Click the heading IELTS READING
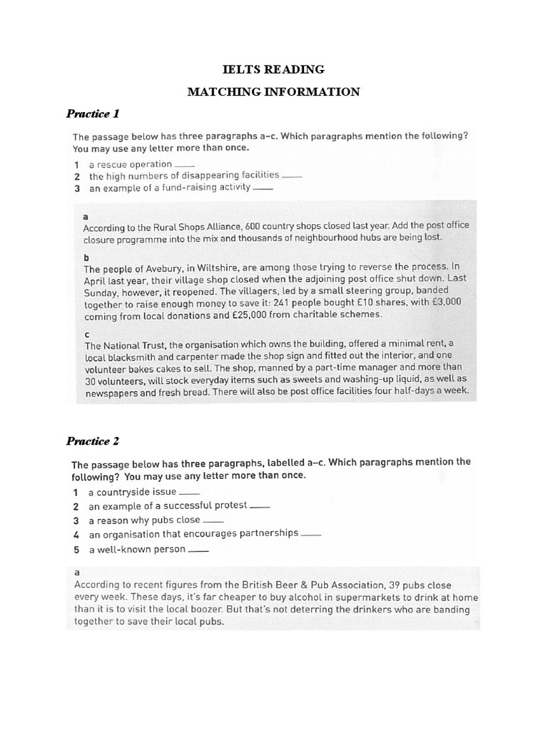point(274,69)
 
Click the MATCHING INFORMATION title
point(274,91)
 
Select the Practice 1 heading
point(93,114)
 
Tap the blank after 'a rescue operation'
point(184,166)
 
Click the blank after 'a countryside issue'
point(190,493)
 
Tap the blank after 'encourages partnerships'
point(312,534)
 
